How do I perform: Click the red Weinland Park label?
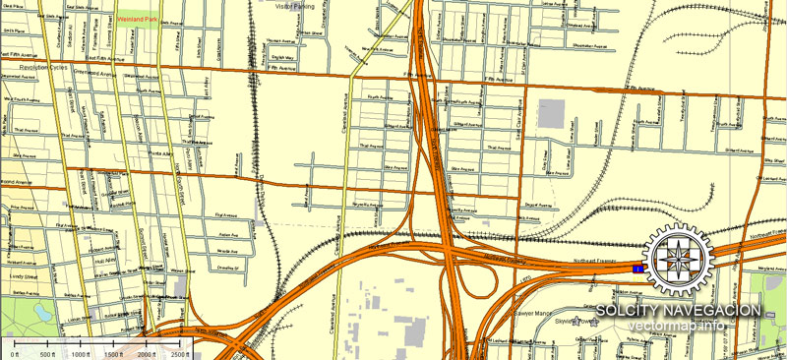(139, 18)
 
